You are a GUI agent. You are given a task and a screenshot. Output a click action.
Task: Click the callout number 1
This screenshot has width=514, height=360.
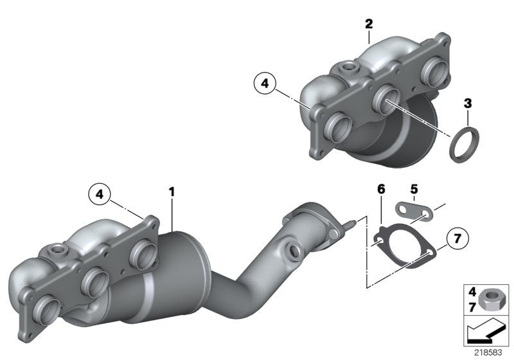pyautogui.click(x=172, y=191)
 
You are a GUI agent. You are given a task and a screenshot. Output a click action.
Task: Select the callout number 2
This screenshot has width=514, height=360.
pyautogui.click(x=368, y=24)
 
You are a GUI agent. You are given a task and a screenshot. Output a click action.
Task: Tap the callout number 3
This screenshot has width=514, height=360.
pyautogui.click(x=468, y=103)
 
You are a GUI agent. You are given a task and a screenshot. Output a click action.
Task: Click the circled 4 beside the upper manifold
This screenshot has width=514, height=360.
pyautogui.click(x=263, y=82)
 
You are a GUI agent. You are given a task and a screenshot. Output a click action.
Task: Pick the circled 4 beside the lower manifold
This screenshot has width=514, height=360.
pyautogui.click(x=99, y=193)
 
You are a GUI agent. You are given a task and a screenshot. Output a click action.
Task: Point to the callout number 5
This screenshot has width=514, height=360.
pyautogui.click(x=414, y=189)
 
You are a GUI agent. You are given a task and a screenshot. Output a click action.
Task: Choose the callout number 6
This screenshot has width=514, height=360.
pyautogui.click(x=381, y=189)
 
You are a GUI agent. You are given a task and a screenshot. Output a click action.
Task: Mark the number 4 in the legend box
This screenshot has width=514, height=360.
pyautogui.click(x=472, y=291)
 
